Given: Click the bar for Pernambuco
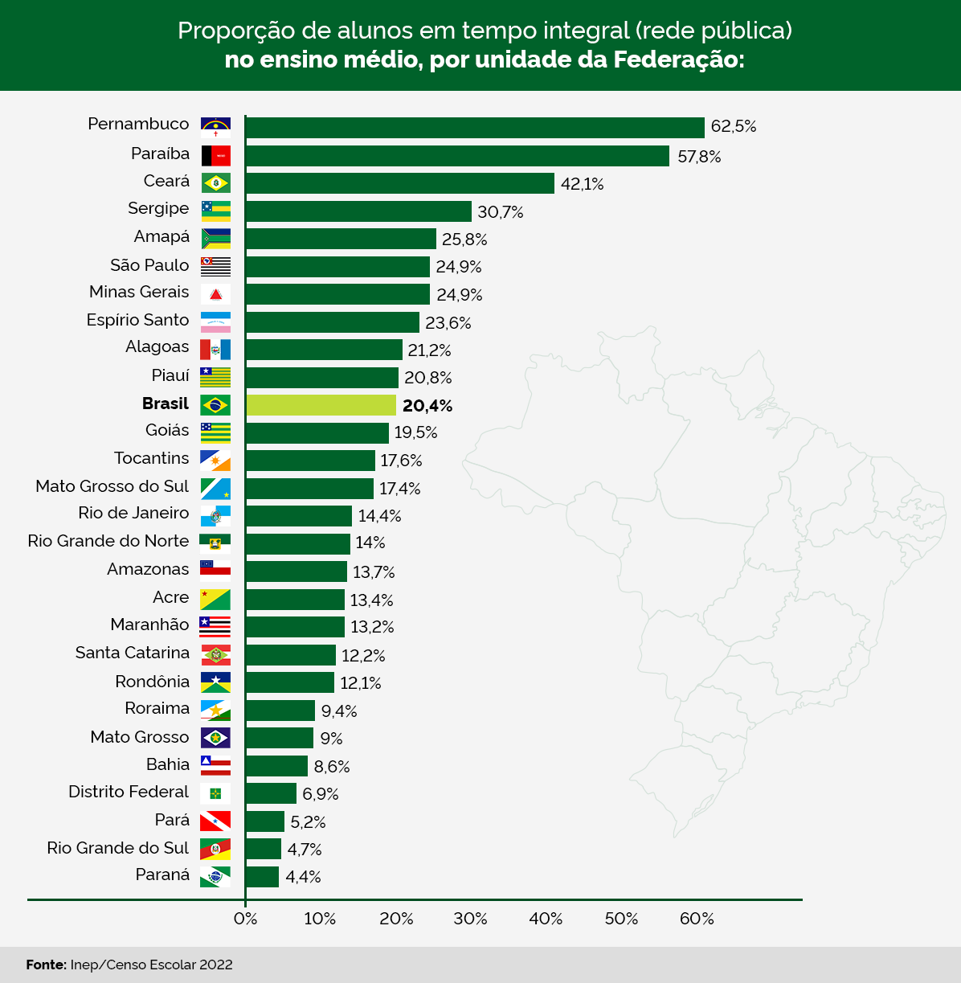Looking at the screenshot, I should click(474, 128).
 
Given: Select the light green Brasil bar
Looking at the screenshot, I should click(321, 405).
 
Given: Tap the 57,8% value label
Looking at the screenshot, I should click(699, 157).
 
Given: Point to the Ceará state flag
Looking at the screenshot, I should click(215, 182).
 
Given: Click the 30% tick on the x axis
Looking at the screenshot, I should click(470, 919).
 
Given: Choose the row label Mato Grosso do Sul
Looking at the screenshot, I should click(112, 486).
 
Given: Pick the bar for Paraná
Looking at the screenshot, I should click(262, 877).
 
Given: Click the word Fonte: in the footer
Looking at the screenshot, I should click(46, 965).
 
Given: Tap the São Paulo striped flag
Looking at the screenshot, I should click(215, 266).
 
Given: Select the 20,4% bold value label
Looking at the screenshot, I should click(427, 406).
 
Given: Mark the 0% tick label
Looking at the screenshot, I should click(245, 919).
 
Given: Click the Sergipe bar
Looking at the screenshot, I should click(358, 211).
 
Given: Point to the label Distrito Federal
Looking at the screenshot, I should click(129, 793).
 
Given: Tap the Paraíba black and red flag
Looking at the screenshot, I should click(215, 155).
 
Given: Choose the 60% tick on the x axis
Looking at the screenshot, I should click(697, 919).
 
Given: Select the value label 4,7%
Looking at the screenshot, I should click(305, 850).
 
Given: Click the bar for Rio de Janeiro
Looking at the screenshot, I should click(299, 516).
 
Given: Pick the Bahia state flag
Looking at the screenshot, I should click(215, 765).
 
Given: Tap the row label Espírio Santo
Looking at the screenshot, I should click(137, 320).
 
